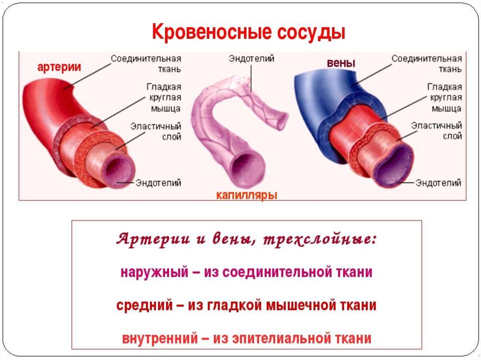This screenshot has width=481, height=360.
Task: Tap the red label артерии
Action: click(x=59, y=67)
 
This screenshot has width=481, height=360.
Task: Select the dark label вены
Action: click(x=341, y=63)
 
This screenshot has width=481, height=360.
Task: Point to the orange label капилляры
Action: click(x=247, y=195)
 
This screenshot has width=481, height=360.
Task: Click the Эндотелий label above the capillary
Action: click(x=251, y=59)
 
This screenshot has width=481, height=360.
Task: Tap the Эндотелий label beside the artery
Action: click(x=158, y=183)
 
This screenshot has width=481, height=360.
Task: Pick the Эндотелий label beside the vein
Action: click(x=438, y=183)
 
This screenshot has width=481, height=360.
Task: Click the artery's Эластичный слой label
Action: click(x=156, y=131)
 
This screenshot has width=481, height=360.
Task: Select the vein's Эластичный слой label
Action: click(x=436, y=131)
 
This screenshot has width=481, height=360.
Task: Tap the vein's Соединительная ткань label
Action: click(x=427, y=64)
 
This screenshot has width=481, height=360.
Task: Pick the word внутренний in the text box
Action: click(x=160, y=338)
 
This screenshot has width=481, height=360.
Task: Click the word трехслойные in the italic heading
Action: click(x=319, y=239)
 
